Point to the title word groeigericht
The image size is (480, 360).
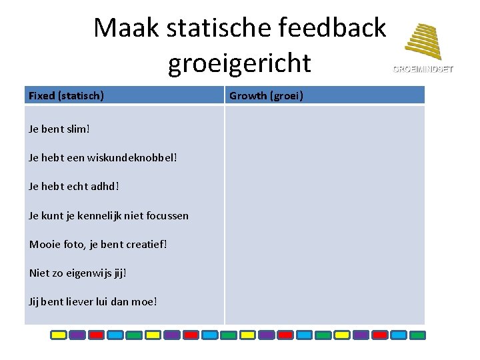(239, 63)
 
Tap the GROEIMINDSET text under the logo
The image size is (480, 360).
(423, 69)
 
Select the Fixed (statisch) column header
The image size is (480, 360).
(66, 95)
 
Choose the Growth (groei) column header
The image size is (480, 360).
(266, 95)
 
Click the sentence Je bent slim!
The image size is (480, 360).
(58, 129)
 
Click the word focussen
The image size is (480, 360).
(167, 215)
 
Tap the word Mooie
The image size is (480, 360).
(43, 244)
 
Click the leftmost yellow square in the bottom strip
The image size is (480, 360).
(59, 335)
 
